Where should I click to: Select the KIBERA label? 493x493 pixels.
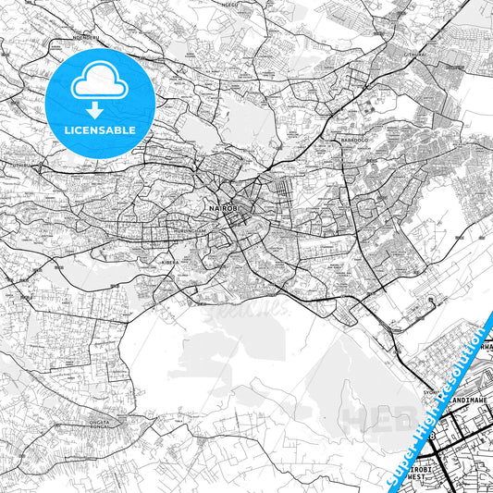coord(170,263)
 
